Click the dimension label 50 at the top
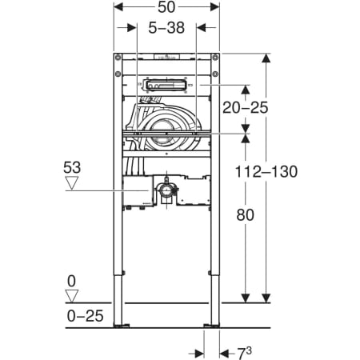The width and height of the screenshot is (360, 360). pyautogui.click(x=166, y=7)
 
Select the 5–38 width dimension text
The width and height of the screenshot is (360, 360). pyautogui.click(x=166, y=28)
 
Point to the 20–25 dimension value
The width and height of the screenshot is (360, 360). pyautogui.click(x=245, y=108)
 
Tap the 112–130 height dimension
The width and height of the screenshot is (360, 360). pyautogui.click(x=266, y=171)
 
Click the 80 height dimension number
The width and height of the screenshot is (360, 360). pyautogui.click(x=245, y=215)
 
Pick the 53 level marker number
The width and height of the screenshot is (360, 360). pyautogui.click(x=72, y=168)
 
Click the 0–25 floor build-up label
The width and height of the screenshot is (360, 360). pyautogui.click(x=85, y=316)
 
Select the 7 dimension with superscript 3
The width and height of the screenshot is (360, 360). pyautogui.click(x=244, y=353)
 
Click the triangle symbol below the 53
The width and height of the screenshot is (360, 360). pyautogui.click(x=72, y=183)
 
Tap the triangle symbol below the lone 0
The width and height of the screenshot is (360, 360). pyautogui.click(x=72, y=296)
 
